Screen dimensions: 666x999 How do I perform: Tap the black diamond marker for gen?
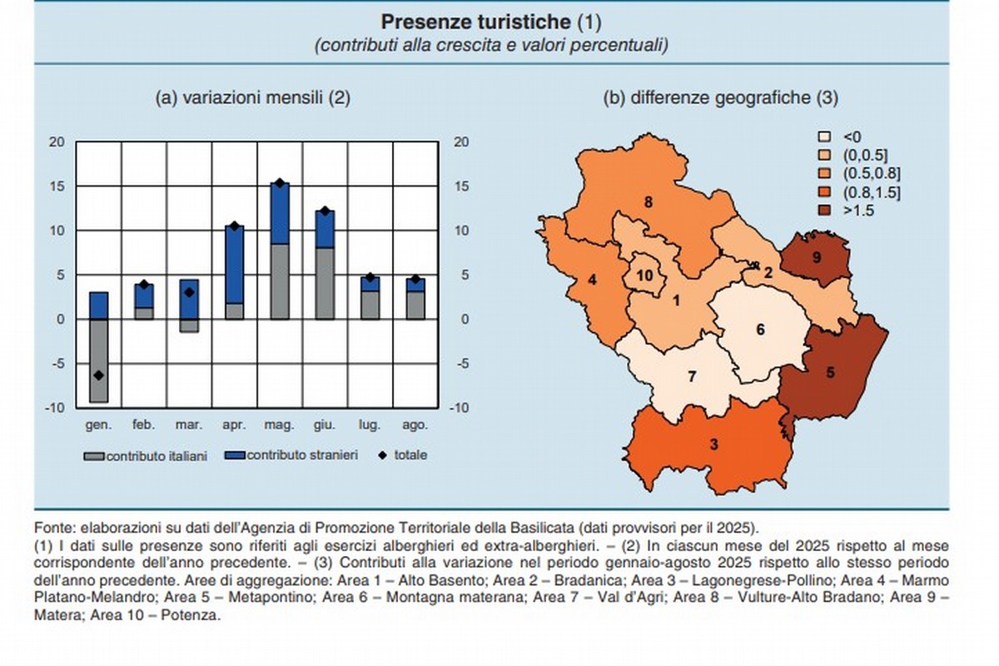click(x=99, y=375)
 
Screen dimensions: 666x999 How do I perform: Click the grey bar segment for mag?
click(x=280, y=281)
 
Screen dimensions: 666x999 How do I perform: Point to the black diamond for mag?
click(x=280, y=183)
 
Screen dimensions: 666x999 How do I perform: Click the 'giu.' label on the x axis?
click(x=325, y=425)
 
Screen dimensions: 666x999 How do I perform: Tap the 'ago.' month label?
click(x=415, y=425)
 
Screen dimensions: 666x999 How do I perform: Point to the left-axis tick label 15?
click(x=57, y=186)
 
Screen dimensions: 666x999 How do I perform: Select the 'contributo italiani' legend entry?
click(x=146, y=455)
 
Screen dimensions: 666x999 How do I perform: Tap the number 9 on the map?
click(x=816, y=258)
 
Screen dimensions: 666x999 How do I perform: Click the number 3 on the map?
click(x=713, y=445)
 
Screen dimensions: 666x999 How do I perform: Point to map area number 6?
click(x=760, y=329)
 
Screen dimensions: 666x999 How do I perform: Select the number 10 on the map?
click(x=644, y=276)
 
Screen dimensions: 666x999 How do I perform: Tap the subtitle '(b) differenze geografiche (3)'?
click(x=720, y=97)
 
